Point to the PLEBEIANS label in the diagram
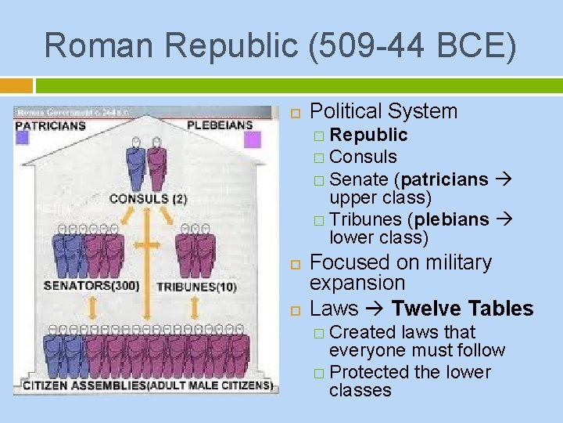point(220,125)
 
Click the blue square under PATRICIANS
point(23,139)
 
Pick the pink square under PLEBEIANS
point(252,139)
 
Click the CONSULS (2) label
point(149,199)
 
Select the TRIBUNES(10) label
point(197,287)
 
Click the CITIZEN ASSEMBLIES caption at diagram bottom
point(86,385)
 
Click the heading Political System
point(383,112)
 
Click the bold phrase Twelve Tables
point(462,309)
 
